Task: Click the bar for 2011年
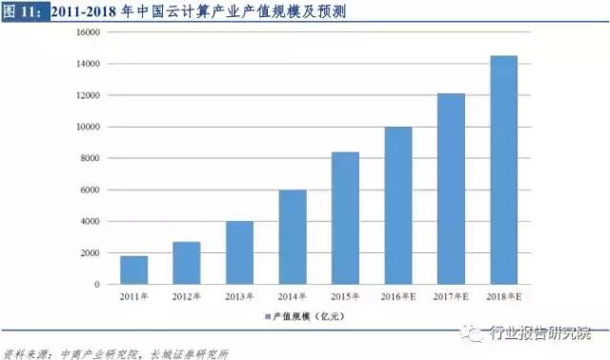pyautogui.click(x=134, y=270)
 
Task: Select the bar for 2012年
pyautogui.click(x=187, y=263)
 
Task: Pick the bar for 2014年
pyautogui.click(x=293, y=237)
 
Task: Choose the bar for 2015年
pyautogui.click(x=345, y=218)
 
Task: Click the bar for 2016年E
pyautogui.click(x=398, y=206)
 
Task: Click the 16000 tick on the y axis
pyautogui.click(x=88, y=32)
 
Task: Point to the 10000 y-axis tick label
pyautogui.click(x=88, y=127)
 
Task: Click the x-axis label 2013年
pyautogui.click(x=239, y=296)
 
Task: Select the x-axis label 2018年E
pyautogui.click(x=503, y=296)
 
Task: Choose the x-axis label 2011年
pyautogui.click(x=134, y=296)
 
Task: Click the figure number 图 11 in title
pyautogui.click(x=20, y=11)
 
